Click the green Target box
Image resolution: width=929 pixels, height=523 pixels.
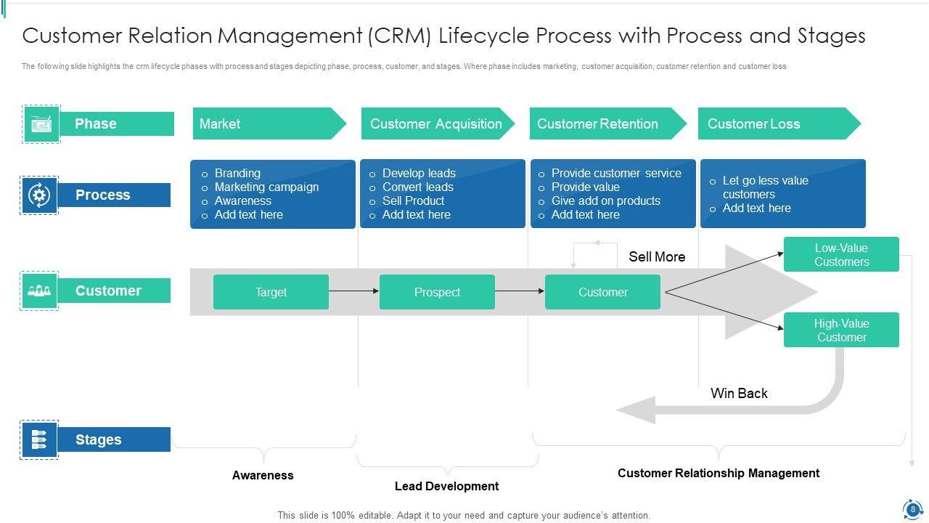click(271, 292)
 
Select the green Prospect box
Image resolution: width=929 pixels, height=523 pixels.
click(437, 292)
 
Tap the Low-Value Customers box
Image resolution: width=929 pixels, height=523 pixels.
click(841, 255)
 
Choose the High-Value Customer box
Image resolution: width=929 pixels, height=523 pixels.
click(841, 331)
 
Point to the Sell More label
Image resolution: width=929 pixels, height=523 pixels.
click(657, 257)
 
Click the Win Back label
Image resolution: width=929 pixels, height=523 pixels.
click(739, 394)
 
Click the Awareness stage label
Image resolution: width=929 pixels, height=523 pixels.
click(263, 476)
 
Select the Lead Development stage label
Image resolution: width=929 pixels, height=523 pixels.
click(446, 487)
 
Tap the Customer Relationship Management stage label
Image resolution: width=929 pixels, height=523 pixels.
click(719, 474)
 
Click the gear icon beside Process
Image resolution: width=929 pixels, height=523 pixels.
click(39, 195)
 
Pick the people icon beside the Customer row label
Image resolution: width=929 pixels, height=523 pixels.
click(39, 291)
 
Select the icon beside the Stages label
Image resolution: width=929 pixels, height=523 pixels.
click(39, 439)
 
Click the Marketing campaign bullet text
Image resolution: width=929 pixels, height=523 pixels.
click(266, 187)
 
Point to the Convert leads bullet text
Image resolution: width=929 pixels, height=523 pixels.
click(418, 187)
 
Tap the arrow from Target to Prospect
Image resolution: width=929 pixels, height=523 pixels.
click(354, 291)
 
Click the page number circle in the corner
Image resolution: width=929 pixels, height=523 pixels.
click(912, 509)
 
